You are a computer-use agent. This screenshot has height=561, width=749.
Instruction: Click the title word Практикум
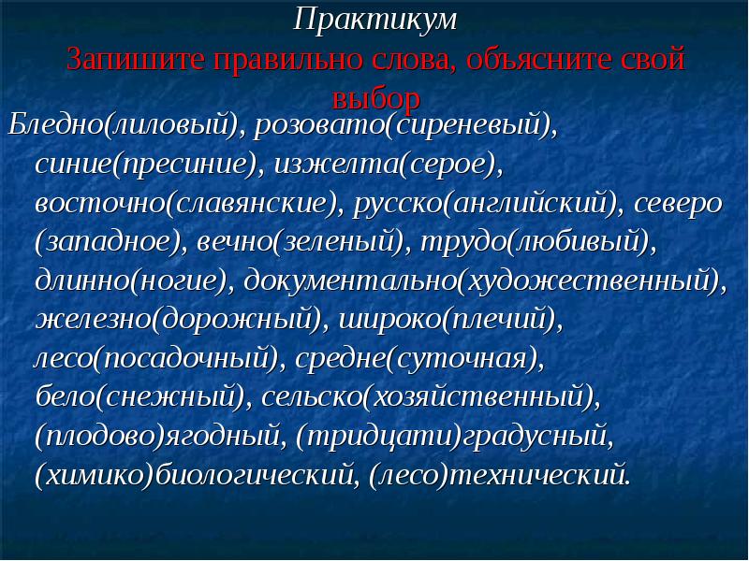click(x=375, y=20)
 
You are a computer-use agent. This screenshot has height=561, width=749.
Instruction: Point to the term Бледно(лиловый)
click(x=123, y=125)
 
